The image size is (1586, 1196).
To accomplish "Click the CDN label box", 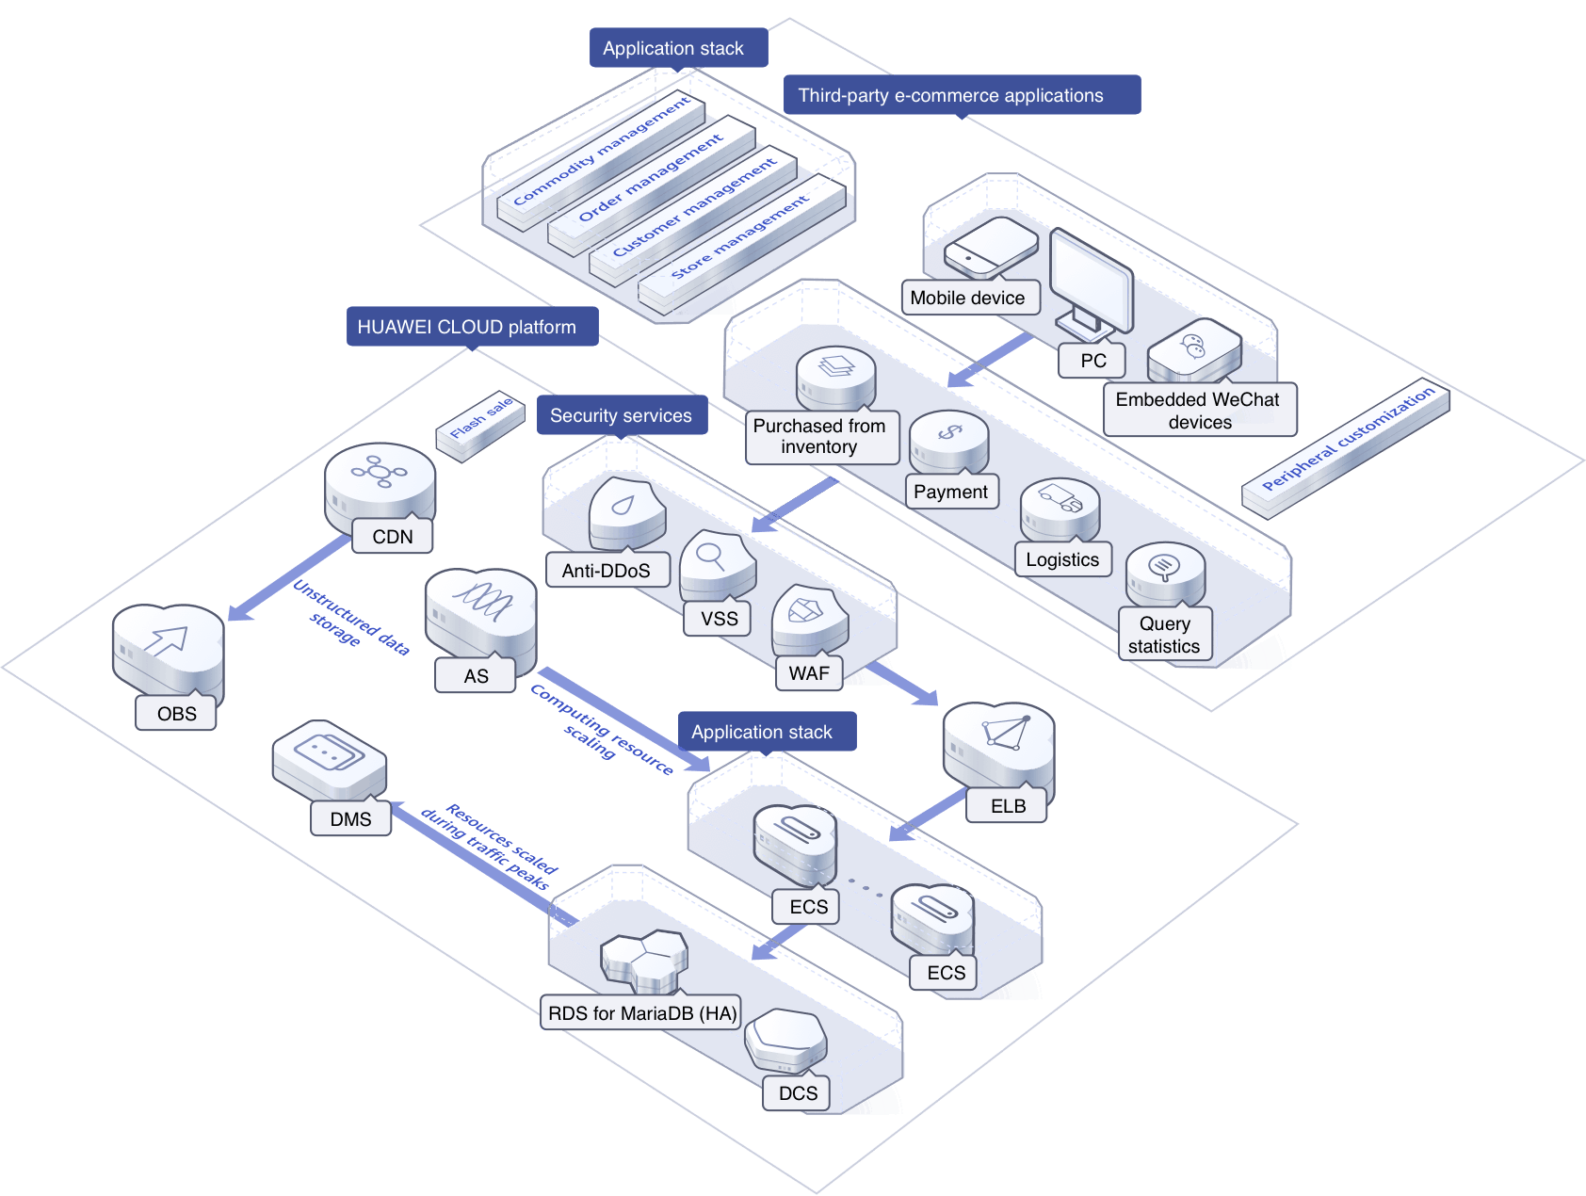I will pyautogui.click(x=393, y=537).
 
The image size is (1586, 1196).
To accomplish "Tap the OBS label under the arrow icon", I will pyautogui.click(x=176, y=714).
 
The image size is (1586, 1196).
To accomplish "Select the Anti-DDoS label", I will pyautogui.click(x=607, y=571).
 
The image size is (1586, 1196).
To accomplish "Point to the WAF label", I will pyautogui.click(x=809, y=673).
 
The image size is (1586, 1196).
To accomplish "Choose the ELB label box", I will pyautogui.click(x=1007, y=806).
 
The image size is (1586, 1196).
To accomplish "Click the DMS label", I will pyautogui.click(x=350, y=819).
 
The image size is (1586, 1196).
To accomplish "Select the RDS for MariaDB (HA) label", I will pyautogui.click(x=641, y=1013).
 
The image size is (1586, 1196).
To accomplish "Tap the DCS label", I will pyautogui.click(x=798, y=1093).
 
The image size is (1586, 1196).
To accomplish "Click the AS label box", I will pyautogui.click(x=476, y=676).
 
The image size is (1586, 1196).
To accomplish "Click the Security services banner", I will pyautogui.click(x=622, y=415).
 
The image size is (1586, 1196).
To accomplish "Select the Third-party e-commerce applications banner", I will pyautogui.click(x=961, y=95).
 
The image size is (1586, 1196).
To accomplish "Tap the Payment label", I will pyautogui.click(x=950, y=492).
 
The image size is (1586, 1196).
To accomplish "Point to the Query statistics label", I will pyautogui.click(x=1164, y=635).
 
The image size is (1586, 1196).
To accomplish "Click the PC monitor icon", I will pyautogui.click(x=1091, y=283).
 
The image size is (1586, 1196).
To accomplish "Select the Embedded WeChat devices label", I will pyautogui.click(x=1198, y=411).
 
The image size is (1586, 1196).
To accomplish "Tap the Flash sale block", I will pyautogui.click(x=480, y=425).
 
